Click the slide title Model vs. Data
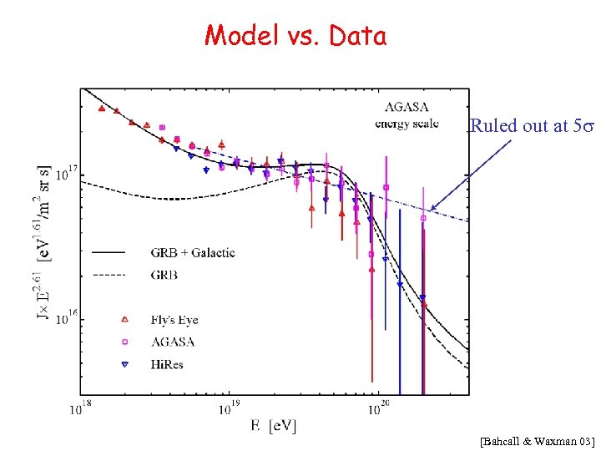(295, 36)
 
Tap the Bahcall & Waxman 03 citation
(538, 439)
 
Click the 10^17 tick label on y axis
(64, 176)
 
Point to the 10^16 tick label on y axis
(64, 318)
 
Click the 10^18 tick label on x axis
(80, 409)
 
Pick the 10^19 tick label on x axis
(230, 409)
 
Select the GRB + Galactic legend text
(193, 251)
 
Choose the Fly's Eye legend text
(174, 319)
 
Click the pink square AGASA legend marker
(124, 342)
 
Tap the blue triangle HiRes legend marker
(124, 365)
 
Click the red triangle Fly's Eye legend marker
(124, 319)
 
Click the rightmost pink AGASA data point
(423, 218)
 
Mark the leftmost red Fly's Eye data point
(101, 109)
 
